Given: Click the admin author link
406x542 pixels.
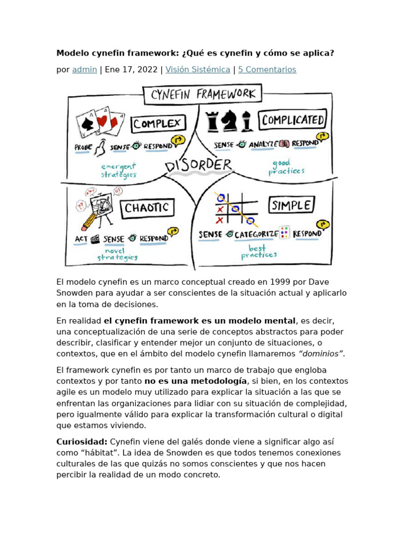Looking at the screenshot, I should [85, 69].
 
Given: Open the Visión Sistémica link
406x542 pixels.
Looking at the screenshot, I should [198, 69].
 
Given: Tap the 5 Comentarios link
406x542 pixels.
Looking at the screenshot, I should [267, 69].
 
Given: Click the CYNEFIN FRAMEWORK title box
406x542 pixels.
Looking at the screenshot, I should [203, 95].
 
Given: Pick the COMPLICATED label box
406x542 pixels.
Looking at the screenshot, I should [292, 120].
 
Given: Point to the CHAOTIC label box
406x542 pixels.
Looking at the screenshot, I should [146, 208].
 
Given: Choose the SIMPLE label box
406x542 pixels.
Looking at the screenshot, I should [292, 205].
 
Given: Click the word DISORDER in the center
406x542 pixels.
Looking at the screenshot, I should [199, 165].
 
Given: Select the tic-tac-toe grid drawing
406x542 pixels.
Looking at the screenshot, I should [236, 209].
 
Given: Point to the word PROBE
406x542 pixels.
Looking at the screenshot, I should [84, 147].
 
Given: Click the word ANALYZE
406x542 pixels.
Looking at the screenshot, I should [263, 143].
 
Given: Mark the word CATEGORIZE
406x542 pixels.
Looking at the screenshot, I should [256, 234].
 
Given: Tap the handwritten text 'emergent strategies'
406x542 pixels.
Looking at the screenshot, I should [119, 170].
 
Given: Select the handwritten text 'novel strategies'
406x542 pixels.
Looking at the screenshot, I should [117, 254].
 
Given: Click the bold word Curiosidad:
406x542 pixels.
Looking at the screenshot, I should [82, 442].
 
